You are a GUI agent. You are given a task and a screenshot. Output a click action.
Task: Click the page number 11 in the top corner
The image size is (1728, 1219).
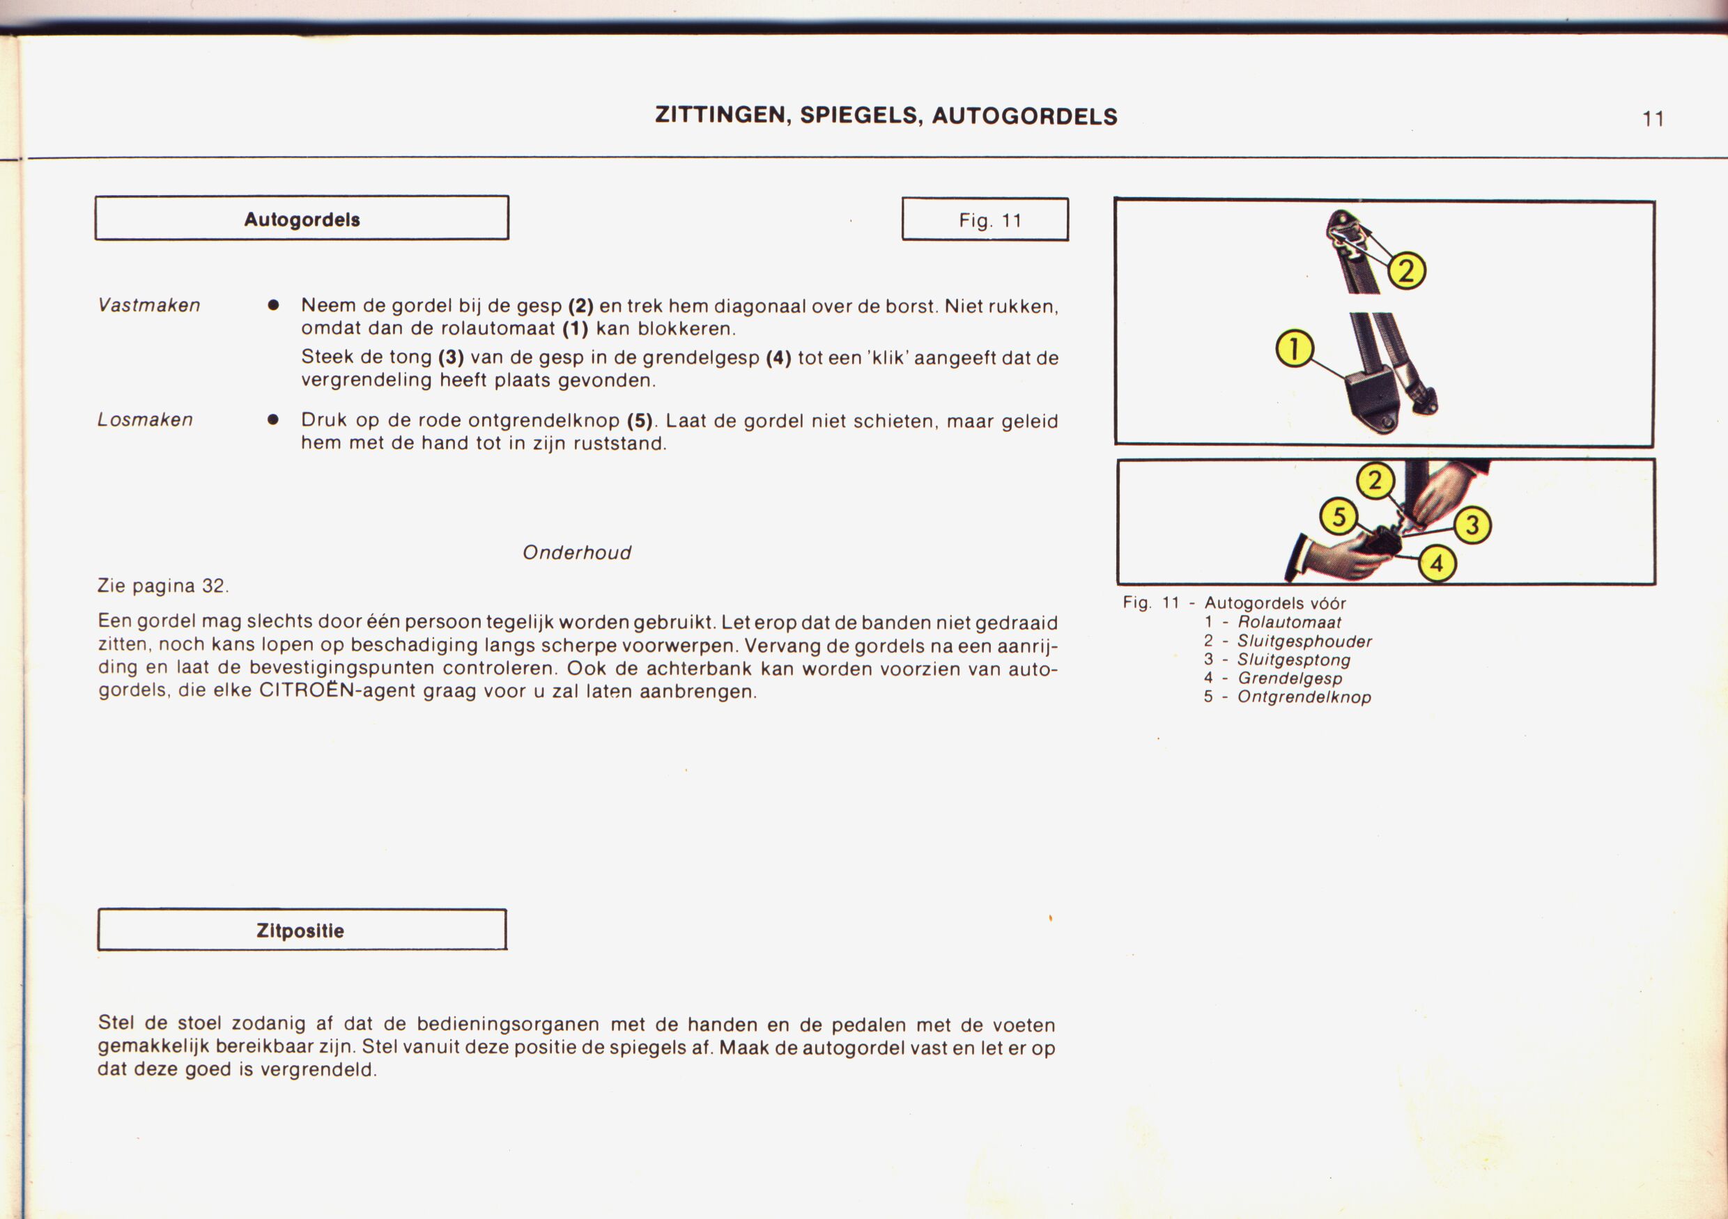pyautogui.click(x=1653, y=119)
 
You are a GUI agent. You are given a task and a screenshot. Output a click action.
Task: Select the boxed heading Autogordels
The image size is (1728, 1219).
pyautogui.click(x=302, y=219)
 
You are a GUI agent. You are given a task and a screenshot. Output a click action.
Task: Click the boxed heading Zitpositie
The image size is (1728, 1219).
pyautogui.click(x=300, y=931)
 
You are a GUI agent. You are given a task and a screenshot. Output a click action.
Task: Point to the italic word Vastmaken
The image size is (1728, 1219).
pyautogui.click(x=149, y=306)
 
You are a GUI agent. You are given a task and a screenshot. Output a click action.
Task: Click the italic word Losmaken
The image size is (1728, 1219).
pyautogui.click(x=145, y=420)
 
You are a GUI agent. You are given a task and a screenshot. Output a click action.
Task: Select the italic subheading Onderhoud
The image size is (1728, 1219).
pyautogui.click(x=576, y=553)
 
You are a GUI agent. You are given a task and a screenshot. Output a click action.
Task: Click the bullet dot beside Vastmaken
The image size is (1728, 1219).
pyautogui.click(x=273, y=306)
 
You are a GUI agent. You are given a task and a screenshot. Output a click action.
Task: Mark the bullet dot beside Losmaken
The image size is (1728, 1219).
pyautogui.click(x=273, y=420)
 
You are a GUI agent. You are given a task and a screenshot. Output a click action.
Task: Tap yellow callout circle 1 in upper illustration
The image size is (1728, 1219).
pyautogui.click(x=1295, y=350)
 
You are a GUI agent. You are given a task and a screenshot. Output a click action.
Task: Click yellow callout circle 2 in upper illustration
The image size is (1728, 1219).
pyautogui.click(x=1406, y=271)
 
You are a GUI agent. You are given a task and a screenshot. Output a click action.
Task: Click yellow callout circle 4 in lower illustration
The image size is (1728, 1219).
pyautogui.click(x=1437, y=563)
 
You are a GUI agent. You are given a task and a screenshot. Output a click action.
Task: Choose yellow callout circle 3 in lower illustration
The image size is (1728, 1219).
pyautogui.click(x=1472, y=525)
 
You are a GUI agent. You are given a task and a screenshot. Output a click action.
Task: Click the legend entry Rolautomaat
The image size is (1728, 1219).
pyautogui.click(x=1289, y=622)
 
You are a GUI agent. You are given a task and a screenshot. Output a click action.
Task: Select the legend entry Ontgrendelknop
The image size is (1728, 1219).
pyautogui.click(x=1304, y=697)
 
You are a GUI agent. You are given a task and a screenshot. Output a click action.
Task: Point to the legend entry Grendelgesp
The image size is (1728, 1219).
pyautogui.click(x=1290, y=678)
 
